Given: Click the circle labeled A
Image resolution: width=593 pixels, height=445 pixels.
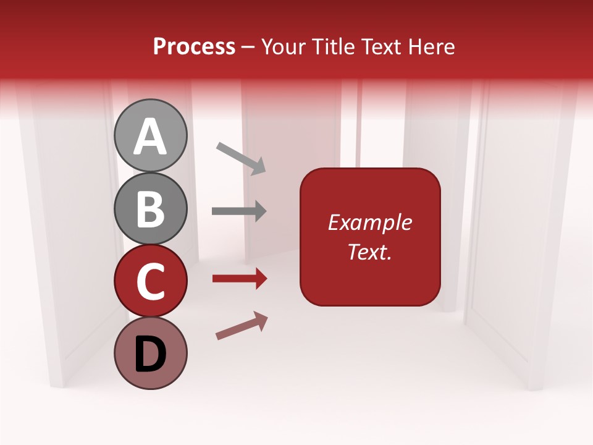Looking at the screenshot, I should tap(150, 135).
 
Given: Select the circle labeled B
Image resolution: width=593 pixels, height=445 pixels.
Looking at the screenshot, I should tap(150, 208).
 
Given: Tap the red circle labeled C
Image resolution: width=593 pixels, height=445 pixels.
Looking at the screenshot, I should tap(150, 281).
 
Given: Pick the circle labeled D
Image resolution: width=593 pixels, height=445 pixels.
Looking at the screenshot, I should tap(150, 354).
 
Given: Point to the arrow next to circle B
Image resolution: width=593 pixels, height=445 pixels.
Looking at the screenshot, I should tap(239, 211).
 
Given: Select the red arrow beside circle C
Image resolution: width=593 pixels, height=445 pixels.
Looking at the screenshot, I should tap(240, 279).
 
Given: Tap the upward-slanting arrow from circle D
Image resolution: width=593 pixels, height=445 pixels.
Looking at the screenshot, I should tap(242, 325).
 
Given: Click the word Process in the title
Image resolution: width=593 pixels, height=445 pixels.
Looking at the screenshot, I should tap(194, 46).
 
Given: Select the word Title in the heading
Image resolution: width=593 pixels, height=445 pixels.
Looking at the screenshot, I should tap(334, 46).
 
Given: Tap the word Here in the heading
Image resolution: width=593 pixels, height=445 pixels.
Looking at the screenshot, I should tap(432, 46).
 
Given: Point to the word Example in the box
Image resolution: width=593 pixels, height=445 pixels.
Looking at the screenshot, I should tap(370, 222).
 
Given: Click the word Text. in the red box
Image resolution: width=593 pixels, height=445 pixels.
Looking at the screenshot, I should tap(370, 252).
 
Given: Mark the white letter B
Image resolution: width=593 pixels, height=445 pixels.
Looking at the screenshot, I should tap(150, 209).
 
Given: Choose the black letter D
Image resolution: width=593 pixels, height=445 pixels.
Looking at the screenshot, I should tap(150, 354).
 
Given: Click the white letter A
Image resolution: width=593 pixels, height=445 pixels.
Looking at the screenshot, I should tap(150, 137).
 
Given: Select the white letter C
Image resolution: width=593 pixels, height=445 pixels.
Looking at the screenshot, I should tap(150, 281).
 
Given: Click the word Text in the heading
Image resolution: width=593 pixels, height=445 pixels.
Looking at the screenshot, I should tap(382, 46).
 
